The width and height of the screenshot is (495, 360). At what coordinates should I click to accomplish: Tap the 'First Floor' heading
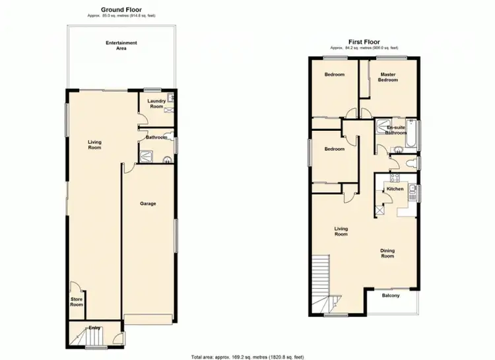pyautogui.click(x=364, y=41)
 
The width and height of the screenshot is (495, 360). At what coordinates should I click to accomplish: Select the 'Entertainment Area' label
pyautogui.click(x=121, y=46)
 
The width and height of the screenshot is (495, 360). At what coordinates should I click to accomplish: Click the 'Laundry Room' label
pyautogui.click(x=156, y=104)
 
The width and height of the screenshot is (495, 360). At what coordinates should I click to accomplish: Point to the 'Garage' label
pyautogui.click(x=148, y=203)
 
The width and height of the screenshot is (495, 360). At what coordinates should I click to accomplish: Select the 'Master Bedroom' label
pyautogui.click(x=387, y=77)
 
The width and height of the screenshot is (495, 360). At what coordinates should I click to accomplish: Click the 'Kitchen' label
pyautogui.click(x=395, y=189)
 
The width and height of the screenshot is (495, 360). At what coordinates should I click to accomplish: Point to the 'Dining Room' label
pyautogui.click(x=387, y=253)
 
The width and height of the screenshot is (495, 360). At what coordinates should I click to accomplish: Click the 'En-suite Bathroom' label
pyautogui.click(x=396, y=129)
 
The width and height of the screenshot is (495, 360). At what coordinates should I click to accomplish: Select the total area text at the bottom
pyautogui.click(x=247, y=356)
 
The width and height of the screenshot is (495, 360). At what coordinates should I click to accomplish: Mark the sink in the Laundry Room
pyautogui.click(x=170, y=98)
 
